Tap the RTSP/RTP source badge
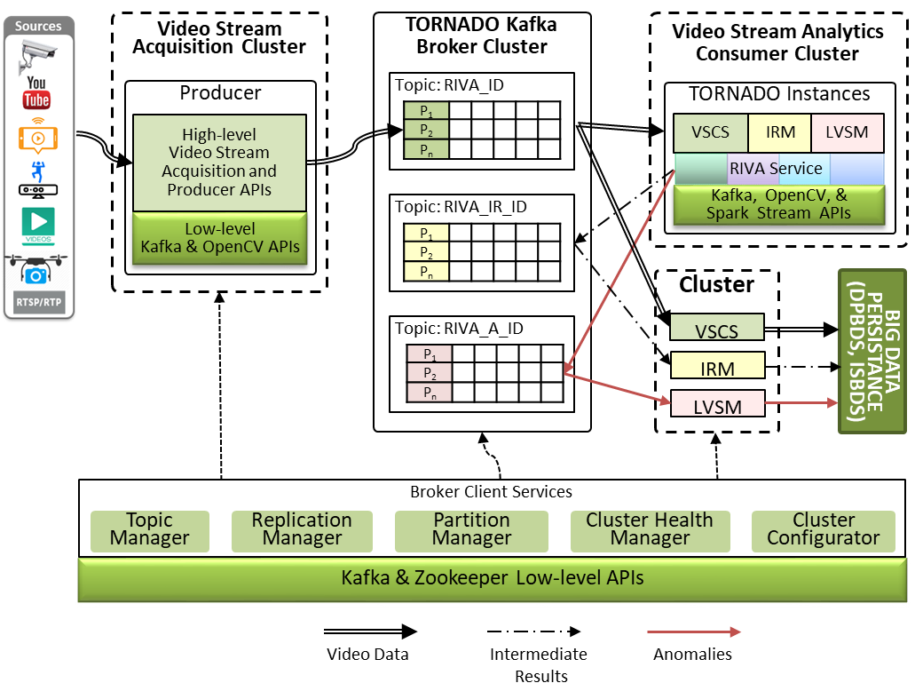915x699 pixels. point(38,301)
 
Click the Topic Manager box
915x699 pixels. point(149,529)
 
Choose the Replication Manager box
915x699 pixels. point(302,529)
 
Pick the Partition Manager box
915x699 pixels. point(471,529)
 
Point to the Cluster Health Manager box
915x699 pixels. point(650,529)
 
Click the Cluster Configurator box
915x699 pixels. point(823,529)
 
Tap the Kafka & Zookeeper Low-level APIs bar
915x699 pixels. point(492,579)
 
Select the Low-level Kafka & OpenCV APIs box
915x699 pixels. point(219,238)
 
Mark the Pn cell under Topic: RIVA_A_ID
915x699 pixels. point(429,392)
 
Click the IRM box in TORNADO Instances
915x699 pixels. point(780,132)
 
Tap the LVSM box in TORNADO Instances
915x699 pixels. point(848,132)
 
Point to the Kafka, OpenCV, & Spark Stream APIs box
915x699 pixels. point(778,204)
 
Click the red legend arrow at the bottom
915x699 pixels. point(693,631)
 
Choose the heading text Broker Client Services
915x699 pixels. point(491,491)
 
